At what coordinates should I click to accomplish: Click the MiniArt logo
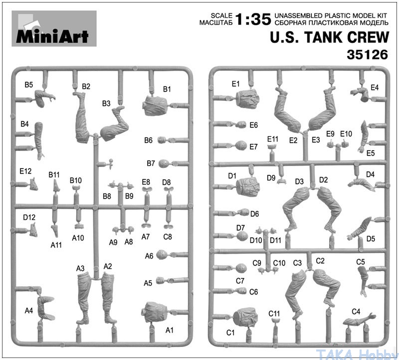(x=54, y=28)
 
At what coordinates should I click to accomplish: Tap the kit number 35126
(x=367, y=54)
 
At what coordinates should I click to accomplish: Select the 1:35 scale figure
(x=253, y=19)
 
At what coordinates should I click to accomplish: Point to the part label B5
(x=29, y=84)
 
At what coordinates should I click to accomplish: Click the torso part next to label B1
(x=155, y=105)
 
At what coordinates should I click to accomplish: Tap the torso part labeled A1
(x=155, y=313)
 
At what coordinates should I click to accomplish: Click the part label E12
(x=25, y=171)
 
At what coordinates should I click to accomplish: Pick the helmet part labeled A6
(x=161, y=255)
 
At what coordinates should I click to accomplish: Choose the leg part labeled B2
(x=82, y=118)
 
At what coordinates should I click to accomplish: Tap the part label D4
(x=370, y=175)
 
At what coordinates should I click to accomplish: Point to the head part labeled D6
(x=244, y=213)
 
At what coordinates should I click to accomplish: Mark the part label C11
(x=274, y=314)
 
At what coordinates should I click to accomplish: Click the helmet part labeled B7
(x=164, y=164)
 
